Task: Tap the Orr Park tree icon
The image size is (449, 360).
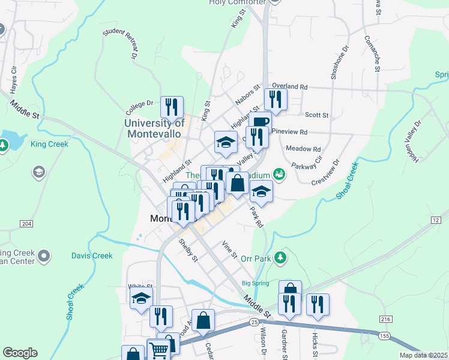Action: point(280,258)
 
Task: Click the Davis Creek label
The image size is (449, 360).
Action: point(92,256)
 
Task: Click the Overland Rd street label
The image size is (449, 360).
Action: point(289,86)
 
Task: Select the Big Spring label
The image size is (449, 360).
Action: point(254,283)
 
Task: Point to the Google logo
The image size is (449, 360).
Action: point(20,353)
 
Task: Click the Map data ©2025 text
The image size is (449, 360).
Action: point(423,355)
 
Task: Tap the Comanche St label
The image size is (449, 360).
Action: point(372,53)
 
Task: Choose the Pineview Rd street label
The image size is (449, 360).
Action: point(289,131)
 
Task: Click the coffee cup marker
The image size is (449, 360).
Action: point(261,122)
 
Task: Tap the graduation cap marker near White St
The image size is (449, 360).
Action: point(141,298)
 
